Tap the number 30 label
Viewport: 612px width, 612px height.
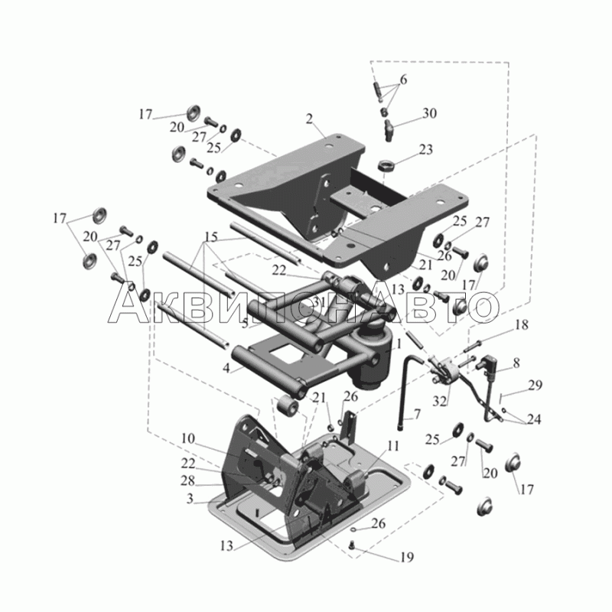pyautogui.click(x=429, y=113)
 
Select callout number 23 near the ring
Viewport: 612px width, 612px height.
pyautogui.click(x=425, y=150)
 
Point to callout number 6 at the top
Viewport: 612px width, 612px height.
pyautogui.click(x=403, y=80)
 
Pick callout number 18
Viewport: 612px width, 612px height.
pyautogui.click(x=521, y=325)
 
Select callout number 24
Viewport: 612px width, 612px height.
pyautogui.click(x=535, y=419)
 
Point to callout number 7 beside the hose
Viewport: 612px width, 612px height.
pyautogui.click(x=418, y=414)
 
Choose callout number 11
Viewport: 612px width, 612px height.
pyautogui.click(x=392, y=445)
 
